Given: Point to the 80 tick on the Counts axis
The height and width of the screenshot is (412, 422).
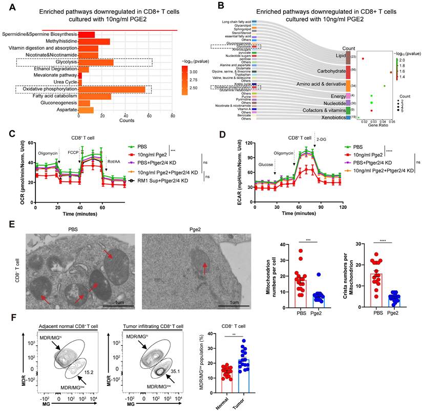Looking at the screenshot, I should (x=173, y=115).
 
